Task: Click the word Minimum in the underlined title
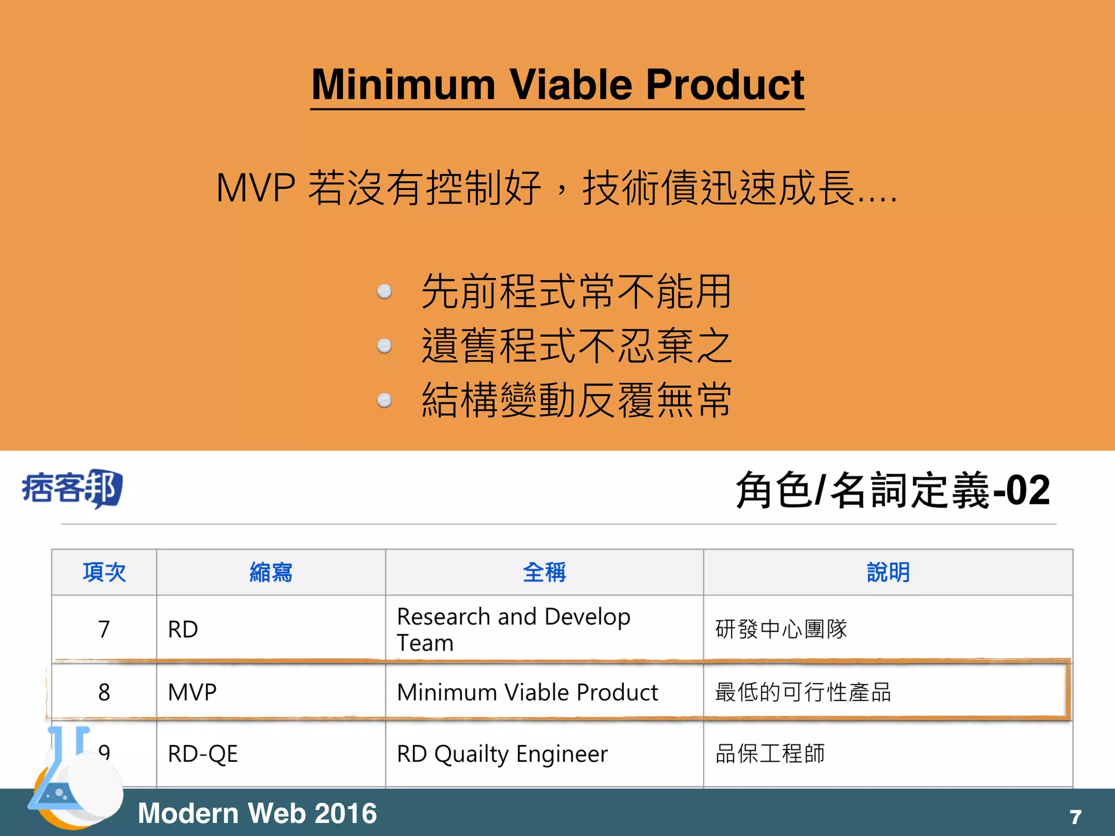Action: (x=403, y=85)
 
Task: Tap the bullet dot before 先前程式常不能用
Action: (x=384, y=292)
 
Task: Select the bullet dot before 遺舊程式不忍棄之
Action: (x=384, y=346)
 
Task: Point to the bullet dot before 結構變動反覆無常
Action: (x=384, y=401)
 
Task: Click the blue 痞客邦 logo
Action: (x=72, y=488)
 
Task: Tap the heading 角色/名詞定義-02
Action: (x=892, y=490)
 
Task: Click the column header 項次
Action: (x=104, y=573)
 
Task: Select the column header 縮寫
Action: (x=271, y=573)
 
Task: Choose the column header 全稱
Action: (x=544, y=573)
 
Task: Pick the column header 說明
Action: (x=888, y=573)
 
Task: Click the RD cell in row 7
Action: (x=183, y=629)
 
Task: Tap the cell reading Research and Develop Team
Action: (x=513, y=629)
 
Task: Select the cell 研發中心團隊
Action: (x=781, y=629)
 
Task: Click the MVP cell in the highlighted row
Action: (x=192, y=692)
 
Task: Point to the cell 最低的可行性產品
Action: (x=803, y=692)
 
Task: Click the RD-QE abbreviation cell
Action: (x=203, y=754)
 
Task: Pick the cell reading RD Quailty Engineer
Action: (x=502, y=754)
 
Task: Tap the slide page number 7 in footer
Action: (x=1075, y=817)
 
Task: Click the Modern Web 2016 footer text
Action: (x=257, y=813)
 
